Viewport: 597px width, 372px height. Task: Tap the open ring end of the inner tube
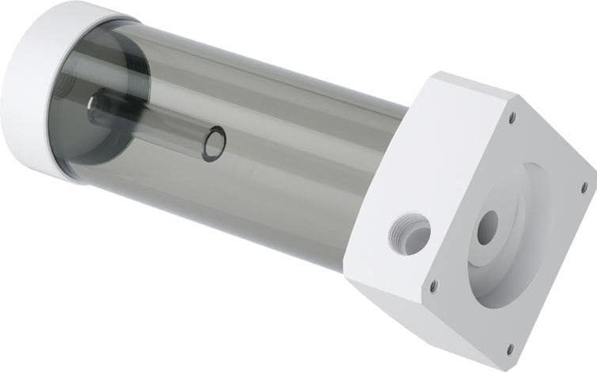coord(214,145)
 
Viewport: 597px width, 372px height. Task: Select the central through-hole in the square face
coord(488,226)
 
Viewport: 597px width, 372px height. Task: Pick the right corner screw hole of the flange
coord(584,188)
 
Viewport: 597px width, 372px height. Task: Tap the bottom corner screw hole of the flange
coord(509,346)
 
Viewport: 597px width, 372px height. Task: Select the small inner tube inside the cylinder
coord(150,127)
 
